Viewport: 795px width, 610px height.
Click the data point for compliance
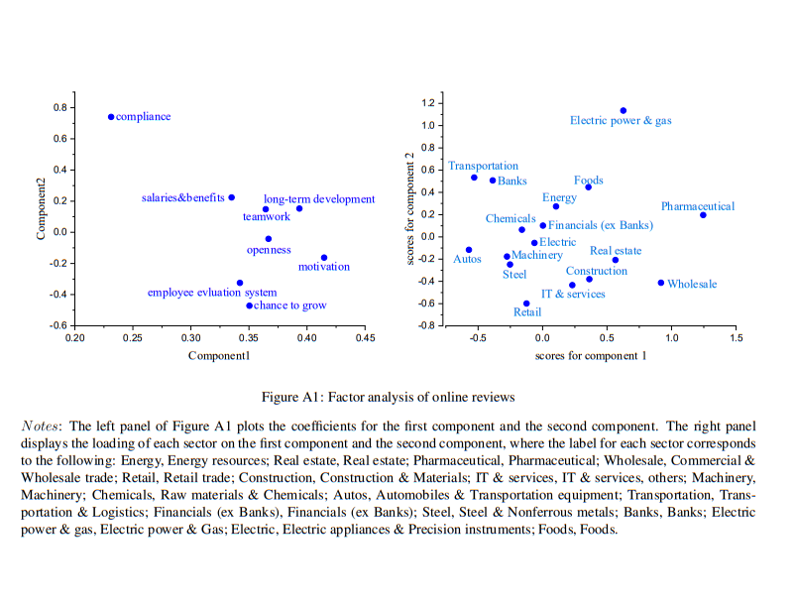click(x=111, y=117)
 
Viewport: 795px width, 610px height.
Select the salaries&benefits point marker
click(x=232, y=197)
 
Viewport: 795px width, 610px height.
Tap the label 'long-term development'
click(x=319, y=199)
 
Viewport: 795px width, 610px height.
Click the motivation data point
click(x=324, y=258)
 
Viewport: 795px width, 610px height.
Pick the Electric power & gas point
click(x=623, y=111)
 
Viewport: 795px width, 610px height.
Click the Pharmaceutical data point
click(x=703, y=215)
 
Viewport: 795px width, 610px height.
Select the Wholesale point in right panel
click(x=661, y=283)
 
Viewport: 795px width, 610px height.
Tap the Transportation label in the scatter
click(x=483, y=166)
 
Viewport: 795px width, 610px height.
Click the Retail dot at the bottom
click(x=526, y=304)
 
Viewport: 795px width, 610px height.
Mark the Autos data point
click(x=469, y=250)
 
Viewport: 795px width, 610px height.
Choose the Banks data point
click(x=493, y=181)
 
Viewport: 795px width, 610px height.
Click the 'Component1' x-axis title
click(x=220, y=356)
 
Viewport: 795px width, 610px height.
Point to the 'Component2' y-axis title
click(x=42, y=208)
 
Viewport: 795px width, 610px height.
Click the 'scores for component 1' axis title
click(x=591, y=355)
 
